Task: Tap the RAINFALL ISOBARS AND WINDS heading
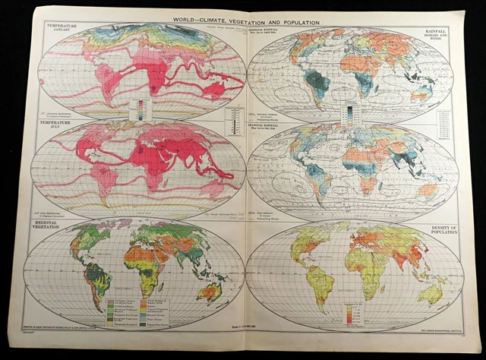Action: click(436, 34)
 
